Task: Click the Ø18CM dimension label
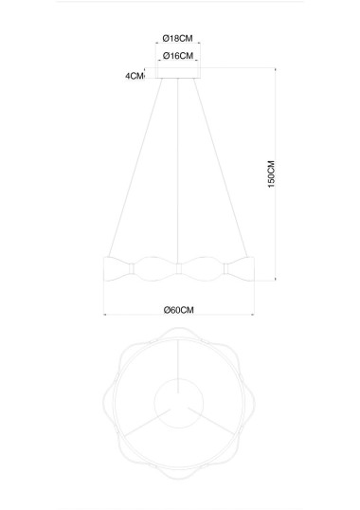(x=178, y=39)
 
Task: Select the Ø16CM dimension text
(x=178, y=56)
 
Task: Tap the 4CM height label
(x=134, y=76)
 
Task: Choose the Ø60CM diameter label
(x=178, y=309)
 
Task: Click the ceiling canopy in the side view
(x=178, y=75)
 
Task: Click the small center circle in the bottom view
(x=178, y=397)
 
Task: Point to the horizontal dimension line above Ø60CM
(x=178, y=299)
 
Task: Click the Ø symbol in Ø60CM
(x=166, y=309)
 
